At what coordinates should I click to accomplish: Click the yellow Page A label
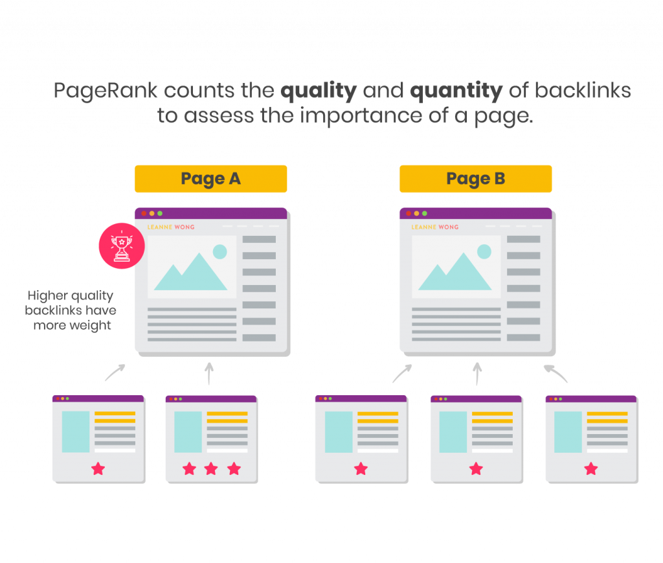210,179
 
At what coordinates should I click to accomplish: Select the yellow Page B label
475,179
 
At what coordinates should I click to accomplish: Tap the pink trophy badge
121,246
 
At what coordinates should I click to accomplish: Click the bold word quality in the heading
318,91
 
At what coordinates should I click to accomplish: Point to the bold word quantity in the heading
456,91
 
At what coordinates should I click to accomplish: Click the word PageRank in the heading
105,90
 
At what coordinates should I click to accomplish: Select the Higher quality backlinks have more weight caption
71,310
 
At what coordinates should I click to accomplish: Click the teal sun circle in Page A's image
220,251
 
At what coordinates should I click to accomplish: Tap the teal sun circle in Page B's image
484,251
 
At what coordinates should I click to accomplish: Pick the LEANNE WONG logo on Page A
171,227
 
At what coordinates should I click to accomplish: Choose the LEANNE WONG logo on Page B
435,227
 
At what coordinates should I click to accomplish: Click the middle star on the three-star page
211,468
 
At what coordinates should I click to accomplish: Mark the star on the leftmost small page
98,468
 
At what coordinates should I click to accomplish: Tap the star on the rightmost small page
590,468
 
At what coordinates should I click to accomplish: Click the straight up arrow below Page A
208,374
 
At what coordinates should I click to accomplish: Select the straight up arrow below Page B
477,373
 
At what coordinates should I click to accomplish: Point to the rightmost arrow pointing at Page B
556,373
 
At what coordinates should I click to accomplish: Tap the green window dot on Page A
160,213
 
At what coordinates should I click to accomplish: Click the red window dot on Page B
408,213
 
